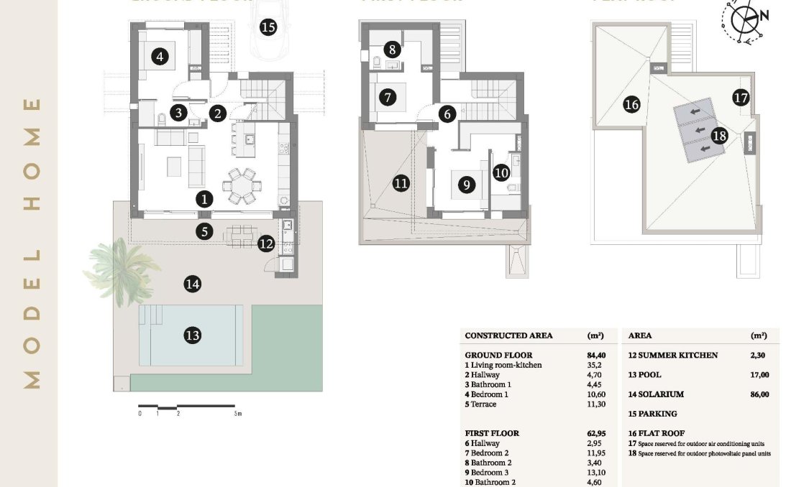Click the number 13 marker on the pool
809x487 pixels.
(x=192, y=335)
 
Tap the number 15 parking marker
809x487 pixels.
(x=268, y=28)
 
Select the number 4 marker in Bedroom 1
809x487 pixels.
(x=160, y=56)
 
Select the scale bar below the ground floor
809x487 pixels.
(x=188, y=408)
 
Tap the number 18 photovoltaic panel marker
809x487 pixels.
(x=719, y=135)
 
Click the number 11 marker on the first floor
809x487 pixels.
(x=401, y=183)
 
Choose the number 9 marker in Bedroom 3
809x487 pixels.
(x=467, y=185)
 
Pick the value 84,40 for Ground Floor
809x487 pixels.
(x=596, y=355)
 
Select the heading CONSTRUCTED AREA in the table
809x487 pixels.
(x=509, y=335)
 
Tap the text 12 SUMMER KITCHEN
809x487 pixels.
(x=672, y=356)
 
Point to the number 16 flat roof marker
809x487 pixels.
(x=631, y=105)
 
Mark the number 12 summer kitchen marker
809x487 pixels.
(x=266, y=243)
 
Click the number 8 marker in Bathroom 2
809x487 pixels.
(x=392, y=50)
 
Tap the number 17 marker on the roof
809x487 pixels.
(x=741, y=98)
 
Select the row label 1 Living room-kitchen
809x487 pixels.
(x=503, y=365)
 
